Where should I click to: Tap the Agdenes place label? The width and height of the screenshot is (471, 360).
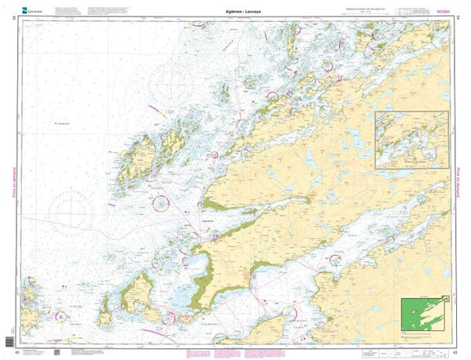(x=208, y=222)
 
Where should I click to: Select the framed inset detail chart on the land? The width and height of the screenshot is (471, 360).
(x=411, y=140)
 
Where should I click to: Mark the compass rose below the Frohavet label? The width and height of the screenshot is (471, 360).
(x=76, y=211)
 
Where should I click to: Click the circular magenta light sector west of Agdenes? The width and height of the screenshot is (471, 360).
(x=160, y=203)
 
